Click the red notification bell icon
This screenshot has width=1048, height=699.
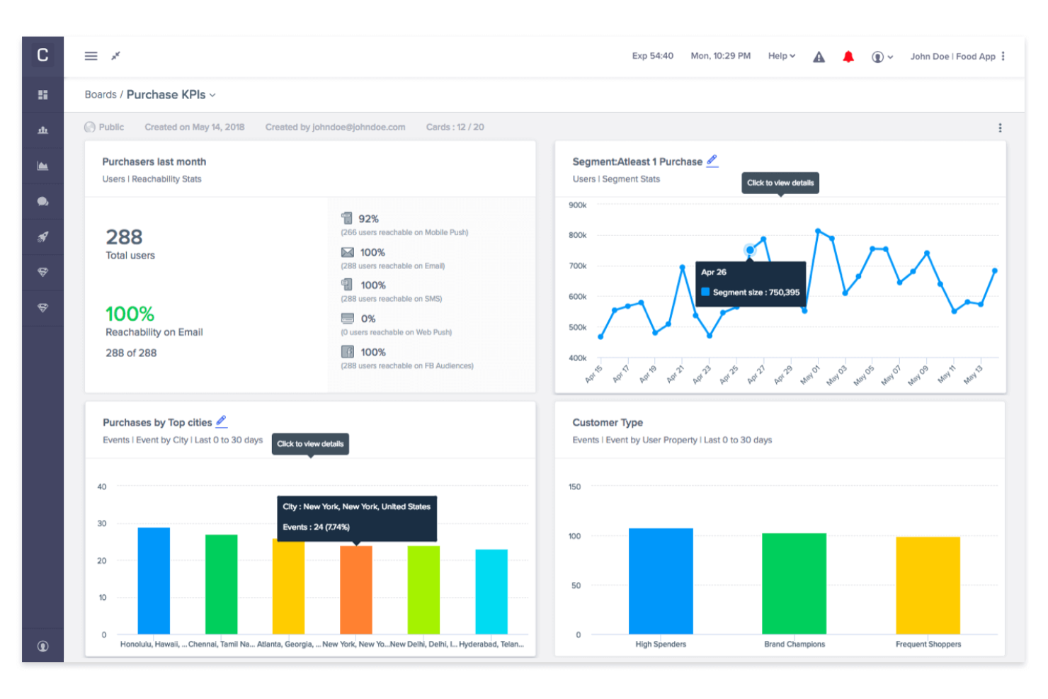[848, 57]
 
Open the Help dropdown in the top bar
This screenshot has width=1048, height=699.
[781, 56]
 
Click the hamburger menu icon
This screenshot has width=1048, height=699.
[91, 56]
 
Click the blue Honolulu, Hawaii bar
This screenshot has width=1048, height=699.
[154, 580]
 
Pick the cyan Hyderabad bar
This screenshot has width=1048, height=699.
[491, 591]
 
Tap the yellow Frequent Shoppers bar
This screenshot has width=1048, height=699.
[928, 585]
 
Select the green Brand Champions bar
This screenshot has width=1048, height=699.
[794, 583]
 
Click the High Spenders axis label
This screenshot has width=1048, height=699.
[660, 644]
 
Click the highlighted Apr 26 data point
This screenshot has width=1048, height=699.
[750, 249]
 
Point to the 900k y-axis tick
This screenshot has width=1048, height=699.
[577, 205]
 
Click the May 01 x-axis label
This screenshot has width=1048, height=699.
[810, 374]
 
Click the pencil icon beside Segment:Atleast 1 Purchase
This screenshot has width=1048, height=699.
[712, 161]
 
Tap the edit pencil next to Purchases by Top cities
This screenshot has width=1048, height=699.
[222, 421]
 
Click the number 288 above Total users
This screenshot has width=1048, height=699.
[124, 237]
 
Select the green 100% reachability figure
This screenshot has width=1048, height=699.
[130, 314]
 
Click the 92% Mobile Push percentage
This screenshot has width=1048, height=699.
[368, 219]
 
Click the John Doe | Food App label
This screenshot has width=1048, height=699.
[952, 57]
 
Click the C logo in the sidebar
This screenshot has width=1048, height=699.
[42, 55]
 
